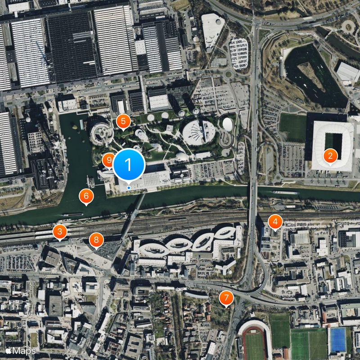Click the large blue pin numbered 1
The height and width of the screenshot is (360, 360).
129,165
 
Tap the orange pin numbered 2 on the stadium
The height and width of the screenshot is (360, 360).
330,156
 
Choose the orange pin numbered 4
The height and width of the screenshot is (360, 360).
275,221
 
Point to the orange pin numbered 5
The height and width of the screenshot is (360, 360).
123,121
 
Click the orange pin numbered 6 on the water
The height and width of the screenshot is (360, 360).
86,196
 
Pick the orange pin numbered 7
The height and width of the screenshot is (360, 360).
226,297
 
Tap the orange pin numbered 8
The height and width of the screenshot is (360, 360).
96,240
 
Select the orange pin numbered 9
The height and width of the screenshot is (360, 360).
108,160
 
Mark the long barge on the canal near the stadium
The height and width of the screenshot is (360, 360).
285,193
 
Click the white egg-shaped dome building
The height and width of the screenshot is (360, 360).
228,124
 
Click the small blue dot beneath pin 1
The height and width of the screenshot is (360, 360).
129,187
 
